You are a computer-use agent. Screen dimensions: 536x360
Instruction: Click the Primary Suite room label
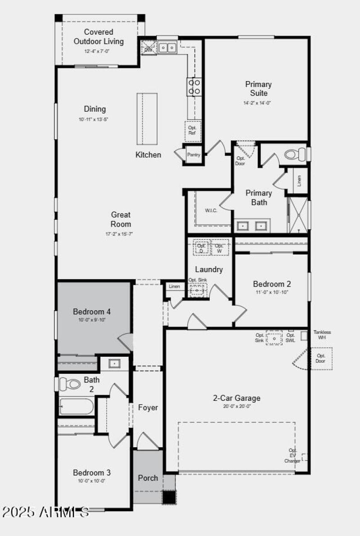(x=258, y=89)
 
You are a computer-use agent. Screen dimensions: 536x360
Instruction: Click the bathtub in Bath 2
(x=76, y=406)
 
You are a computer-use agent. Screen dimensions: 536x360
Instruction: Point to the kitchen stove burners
(x=194, y=86)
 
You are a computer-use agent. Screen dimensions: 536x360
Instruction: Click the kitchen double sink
(x=167, y=47)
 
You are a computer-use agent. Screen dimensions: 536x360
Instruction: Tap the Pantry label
(x=193, y=155)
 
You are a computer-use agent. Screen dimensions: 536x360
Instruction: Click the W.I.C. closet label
(x=211, y=211)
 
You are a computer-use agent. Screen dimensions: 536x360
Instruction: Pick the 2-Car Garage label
(x=236, y=398)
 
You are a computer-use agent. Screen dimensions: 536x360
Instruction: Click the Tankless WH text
(x=322, y=335)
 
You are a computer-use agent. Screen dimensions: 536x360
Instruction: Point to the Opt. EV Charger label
(x=293, y=455)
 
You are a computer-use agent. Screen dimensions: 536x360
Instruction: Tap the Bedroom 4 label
(x=92, y=311)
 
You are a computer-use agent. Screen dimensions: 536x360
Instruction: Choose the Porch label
(x=148, y=477)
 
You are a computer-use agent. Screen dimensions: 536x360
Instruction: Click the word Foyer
(x=148, y=408)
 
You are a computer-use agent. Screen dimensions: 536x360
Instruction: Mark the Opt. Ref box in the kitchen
(x=192, y=131)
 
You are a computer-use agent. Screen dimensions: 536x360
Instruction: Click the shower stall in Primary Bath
(x=298, y=215)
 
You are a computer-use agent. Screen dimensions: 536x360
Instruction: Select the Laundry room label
(x=209, y=269)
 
